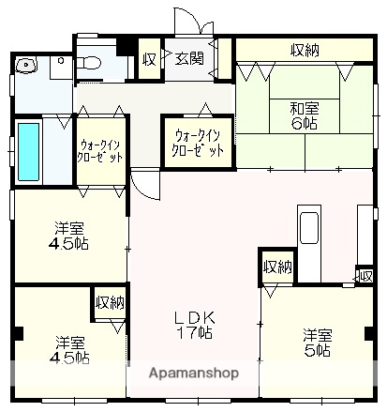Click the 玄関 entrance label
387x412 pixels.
(189, 59)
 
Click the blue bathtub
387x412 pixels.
(28, 150)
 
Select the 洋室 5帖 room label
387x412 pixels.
(316, 342)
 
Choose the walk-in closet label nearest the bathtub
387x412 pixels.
(100, 151)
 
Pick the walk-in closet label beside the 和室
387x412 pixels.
(197, 143)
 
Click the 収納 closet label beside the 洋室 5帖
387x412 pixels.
(277, 267)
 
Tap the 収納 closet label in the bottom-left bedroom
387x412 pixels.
(110, 302)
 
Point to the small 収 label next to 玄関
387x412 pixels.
(149, 59)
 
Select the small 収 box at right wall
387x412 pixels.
(364, 275)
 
